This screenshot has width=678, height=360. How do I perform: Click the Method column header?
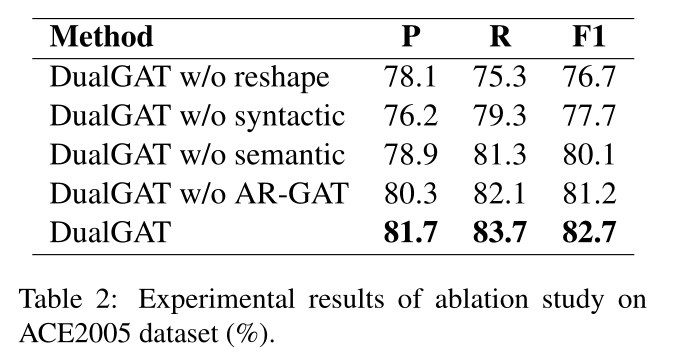tap(102, 39)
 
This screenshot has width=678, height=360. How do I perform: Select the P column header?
tap(410, 39)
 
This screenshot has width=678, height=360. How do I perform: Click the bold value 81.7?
tap(410, 235)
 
